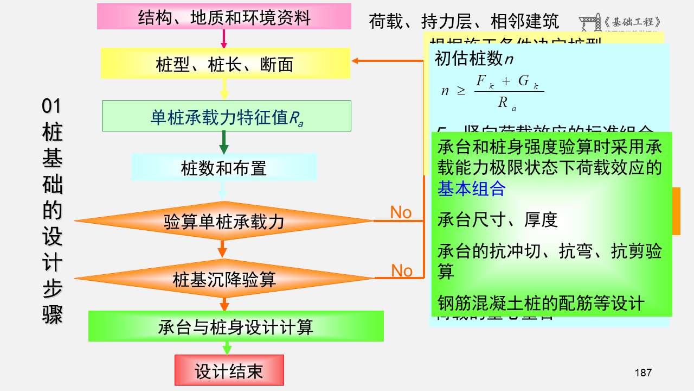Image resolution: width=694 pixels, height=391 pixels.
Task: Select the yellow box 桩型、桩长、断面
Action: pyautogui.click(x=225, y=64)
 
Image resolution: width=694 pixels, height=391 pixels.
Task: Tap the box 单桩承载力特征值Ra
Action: pyautogui.click(x=227, y=116)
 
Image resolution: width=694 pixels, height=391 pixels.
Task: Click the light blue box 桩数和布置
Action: pyautogui.click(x=224, y=168)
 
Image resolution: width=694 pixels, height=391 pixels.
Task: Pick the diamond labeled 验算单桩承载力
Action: pyautogui.click(x=224, y=221)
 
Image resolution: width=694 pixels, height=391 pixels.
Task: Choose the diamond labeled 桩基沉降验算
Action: pyautogui.click(x=224, y=279)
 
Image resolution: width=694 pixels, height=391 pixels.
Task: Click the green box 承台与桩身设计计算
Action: pyautogui.click(x=236, y=326)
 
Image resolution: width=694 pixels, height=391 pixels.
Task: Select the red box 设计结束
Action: pyautogui.click(x=229, y=370)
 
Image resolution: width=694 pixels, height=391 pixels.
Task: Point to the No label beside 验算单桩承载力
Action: pyautogui.click(x=401, y=212)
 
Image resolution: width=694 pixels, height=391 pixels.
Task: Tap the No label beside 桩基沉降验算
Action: pyautogui.click(x=402, y=270)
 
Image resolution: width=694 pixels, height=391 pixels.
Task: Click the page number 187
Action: pyautogui.click(x=643, y=373)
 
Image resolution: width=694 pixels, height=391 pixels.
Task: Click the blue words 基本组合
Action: pyautogui.click(x=471, y=188)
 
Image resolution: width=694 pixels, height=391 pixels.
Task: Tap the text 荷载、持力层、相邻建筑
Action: pyautogui.click(x=464, y=22)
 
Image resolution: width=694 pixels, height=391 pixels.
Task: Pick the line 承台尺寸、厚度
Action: pyautogui.click(x=497, y=220)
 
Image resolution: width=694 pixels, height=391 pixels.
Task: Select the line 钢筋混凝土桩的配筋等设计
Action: pyautogui.click(x=541, y=303)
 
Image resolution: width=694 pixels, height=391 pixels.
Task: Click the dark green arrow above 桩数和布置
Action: pyautogui.click(x=223, y=144)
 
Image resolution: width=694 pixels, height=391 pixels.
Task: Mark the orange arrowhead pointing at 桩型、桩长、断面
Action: pyautogui.click(x=356, y=60)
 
